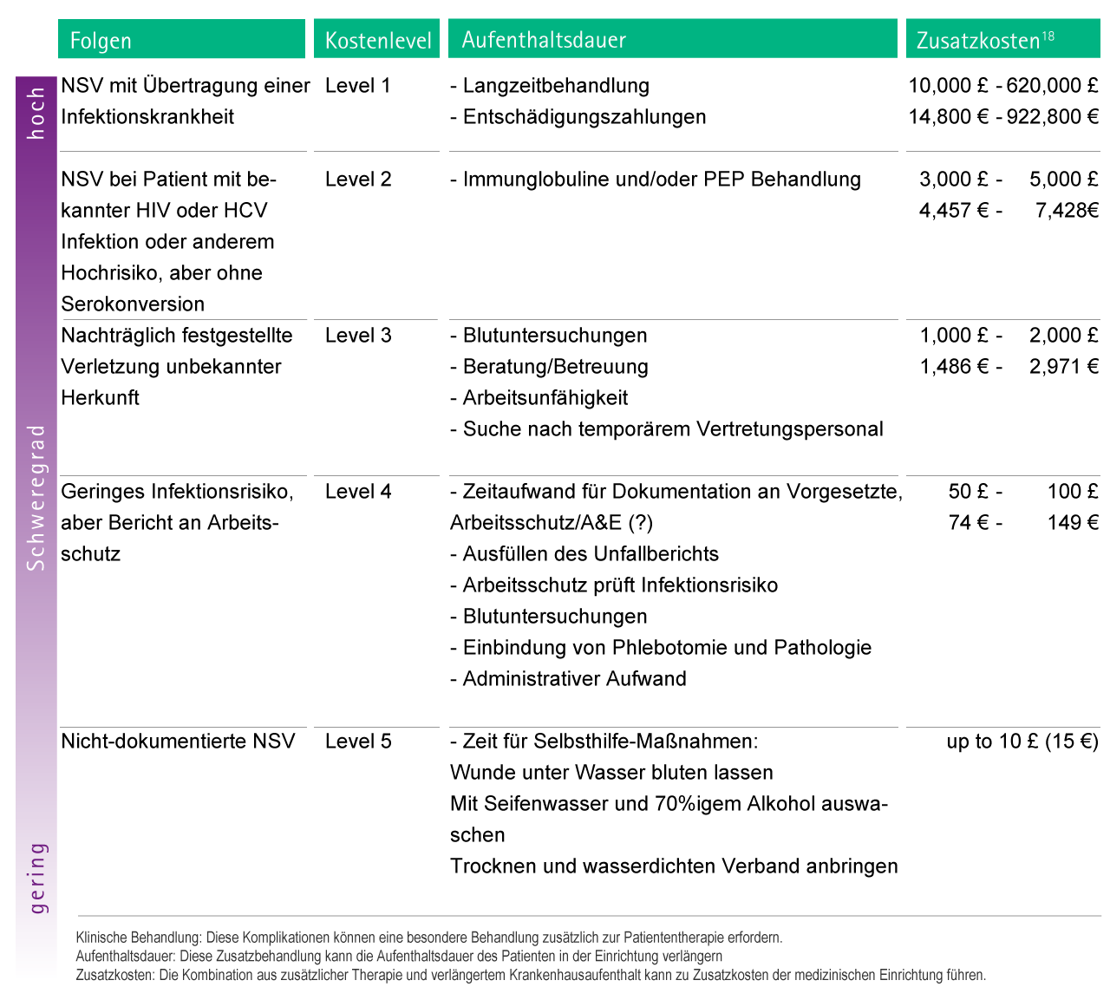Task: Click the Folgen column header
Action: pos(101,41)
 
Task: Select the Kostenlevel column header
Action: pos(378,41)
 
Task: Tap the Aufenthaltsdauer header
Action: pos(544,40)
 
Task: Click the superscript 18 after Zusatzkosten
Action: pos(1048,36)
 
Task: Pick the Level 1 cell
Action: pos(358,86)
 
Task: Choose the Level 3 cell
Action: pos(358,336)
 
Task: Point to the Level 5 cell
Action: pos(358,742)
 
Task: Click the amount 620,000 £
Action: pos(1052,86)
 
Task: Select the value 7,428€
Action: pos(1067,211)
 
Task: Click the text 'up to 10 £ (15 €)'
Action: pos(1022,742)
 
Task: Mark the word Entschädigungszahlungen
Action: pos(584,117)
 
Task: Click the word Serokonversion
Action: pos(133,304)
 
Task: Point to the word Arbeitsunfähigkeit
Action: pos(545,398)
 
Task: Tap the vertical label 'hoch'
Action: pos(36,113)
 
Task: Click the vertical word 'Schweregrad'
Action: pos(36,498)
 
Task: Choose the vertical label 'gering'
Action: pos(37,878)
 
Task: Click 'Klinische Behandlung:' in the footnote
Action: pos(139,938)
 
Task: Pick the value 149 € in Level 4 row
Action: pos(1073,523)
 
